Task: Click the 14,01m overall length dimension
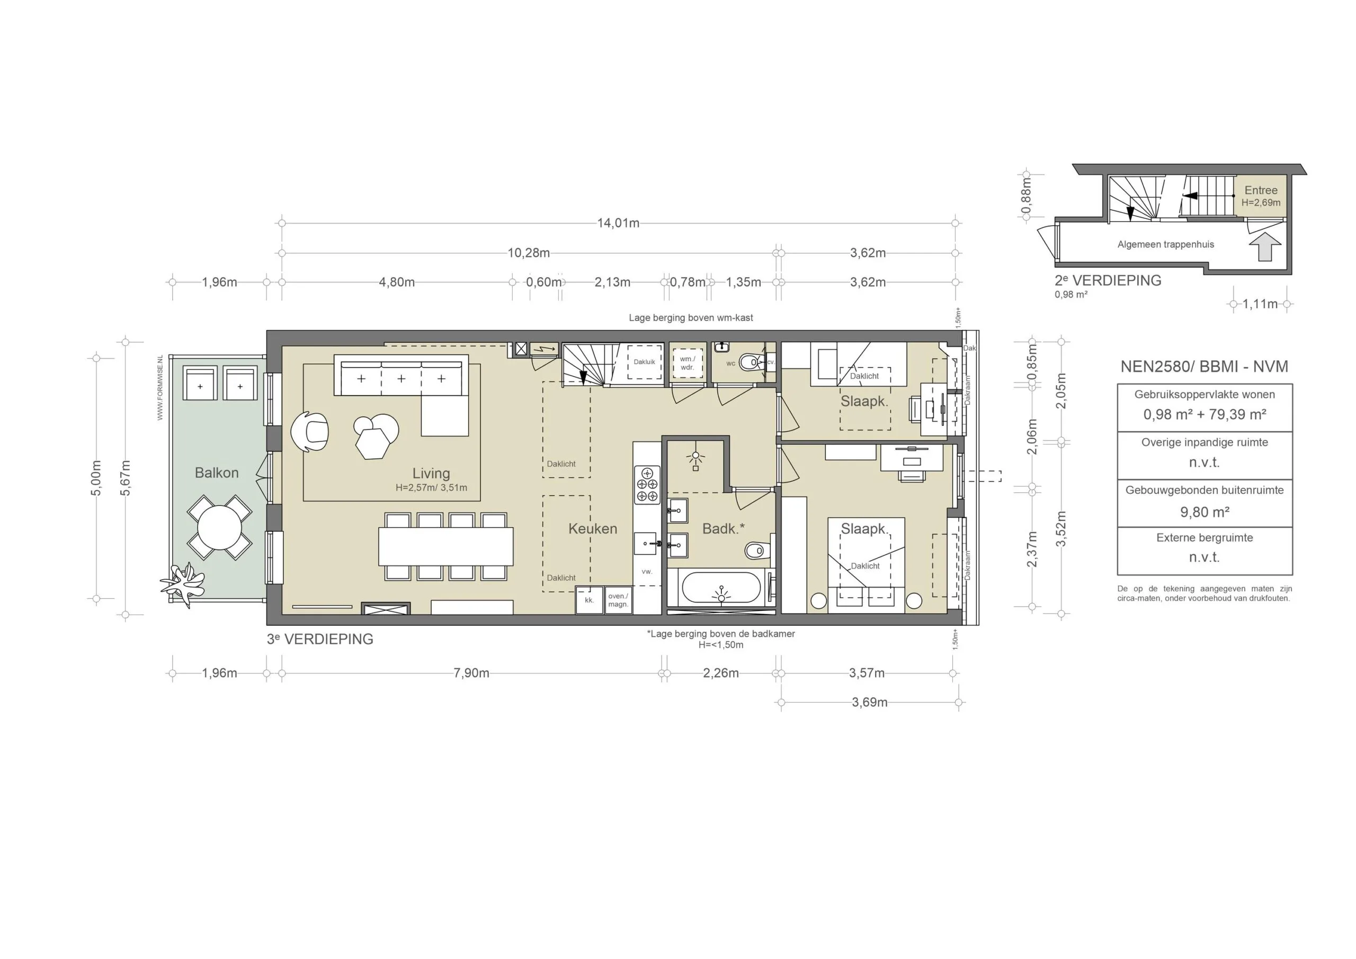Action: pos(618,224)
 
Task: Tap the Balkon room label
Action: pos(217,473)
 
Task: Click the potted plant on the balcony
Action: pos(183,583)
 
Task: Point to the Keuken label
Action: pos(592,529)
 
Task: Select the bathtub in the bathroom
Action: pos(720,589)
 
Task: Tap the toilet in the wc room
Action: pos(751,362)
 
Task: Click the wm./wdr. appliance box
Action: pos(687,363)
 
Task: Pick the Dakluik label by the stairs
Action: pos(644,362)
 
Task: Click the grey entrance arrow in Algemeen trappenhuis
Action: pos(1265,247)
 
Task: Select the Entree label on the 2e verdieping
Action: pos(1261,190)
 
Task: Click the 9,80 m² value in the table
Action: pos(1204,512)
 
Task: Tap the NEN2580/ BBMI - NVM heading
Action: pos(1204,366)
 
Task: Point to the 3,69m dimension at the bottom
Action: pos(869,703)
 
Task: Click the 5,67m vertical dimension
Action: pos(125,478)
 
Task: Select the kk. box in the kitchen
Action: pos(589,600)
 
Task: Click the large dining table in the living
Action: pos(445,547)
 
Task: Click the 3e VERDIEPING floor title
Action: pos(320,640)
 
